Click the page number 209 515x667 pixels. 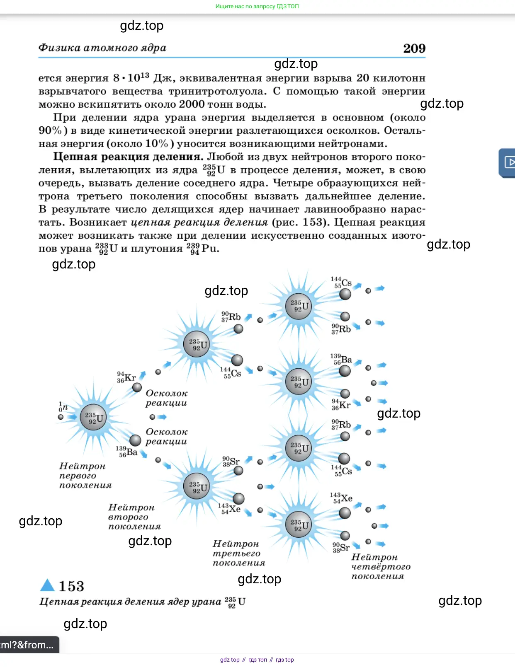[414, 48]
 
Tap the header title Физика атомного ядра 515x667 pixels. [102, 48]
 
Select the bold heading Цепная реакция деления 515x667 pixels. [128, 157]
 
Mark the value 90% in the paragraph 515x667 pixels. [50, 130]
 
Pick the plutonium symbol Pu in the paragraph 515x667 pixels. [210, 249]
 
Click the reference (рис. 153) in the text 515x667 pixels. [300, 222]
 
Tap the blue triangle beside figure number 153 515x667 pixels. [47, 585]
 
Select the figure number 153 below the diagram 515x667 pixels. [71, 586]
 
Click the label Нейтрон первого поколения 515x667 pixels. [85, 476]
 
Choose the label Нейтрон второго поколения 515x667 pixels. [134, 517]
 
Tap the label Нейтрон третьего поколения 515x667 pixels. [238, 553]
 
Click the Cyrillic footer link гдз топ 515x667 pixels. [257, 660]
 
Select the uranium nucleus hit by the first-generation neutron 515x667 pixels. [93, 417]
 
